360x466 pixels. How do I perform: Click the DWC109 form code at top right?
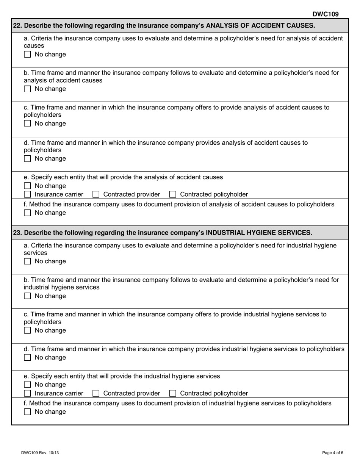pyautogui.click(x=325, y=14)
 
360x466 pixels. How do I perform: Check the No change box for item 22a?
pyautogui.click(x=27, y=55)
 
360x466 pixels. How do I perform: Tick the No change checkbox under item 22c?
pyautogui.click(x=27, y=124)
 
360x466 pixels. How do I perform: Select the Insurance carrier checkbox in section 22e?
pyautogui.click(x=27, y=195)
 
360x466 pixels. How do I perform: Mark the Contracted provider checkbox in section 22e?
pyautogui.click(x=96, y=195)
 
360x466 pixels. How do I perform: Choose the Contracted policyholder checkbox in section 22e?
pyautogui.click(x=173, y=195)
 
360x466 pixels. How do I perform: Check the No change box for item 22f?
pyautogui.click(x=27, y=213)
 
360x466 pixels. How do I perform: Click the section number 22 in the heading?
pyautogui.click(x=17, y=26)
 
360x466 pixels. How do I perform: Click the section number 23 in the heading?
pyautogui.click(x=17, y=233)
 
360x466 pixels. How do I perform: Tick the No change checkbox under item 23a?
pyautogui.click(x=27, y=262)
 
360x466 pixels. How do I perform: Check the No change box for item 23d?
pyautogui.click(x=27, y=358)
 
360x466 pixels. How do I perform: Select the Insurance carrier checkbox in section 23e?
pyautogui.click(x=27, y=394)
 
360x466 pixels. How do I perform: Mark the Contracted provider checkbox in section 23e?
pyautogui.click(x=96, y=394)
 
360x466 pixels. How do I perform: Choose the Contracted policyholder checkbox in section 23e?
pyautogui.click(x=173, y=394)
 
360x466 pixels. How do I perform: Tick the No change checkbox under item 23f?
pyautogui.click(x=27, y=412)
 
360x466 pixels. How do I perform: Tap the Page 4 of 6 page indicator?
pyautogui.click(x=333, y=453)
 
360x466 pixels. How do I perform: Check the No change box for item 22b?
pyautogui.click(x=27, y=89)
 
